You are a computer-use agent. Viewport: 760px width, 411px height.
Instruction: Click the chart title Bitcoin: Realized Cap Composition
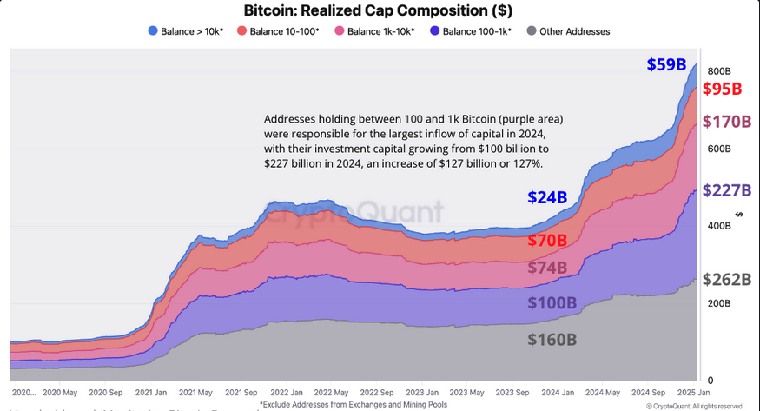[380, 11]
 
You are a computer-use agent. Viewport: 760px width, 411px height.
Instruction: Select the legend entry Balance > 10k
[186, 31]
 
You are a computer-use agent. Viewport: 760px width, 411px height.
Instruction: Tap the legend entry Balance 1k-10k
[375, 31]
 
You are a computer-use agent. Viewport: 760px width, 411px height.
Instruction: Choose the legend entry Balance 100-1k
[471, 31]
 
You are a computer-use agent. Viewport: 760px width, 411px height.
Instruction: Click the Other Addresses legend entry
[568, 31]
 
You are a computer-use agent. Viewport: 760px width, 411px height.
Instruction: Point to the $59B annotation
[666, 64]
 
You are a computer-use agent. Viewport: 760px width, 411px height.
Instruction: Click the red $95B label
[722, 89]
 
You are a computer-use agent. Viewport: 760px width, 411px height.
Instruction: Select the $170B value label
[726, 121]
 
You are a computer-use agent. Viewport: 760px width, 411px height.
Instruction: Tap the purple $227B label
[726, 190]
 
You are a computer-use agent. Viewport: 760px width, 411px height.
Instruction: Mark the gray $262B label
[726, 279]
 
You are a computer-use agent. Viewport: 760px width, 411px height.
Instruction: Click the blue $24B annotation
[547, 197]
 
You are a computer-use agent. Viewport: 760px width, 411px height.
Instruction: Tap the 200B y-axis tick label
[717, 303]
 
